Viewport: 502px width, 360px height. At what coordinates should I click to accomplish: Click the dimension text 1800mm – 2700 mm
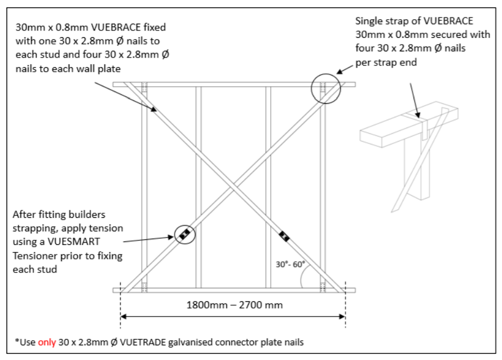pos(232,305)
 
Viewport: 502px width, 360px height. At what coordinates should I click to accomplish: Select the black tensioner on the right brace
pos(284,236)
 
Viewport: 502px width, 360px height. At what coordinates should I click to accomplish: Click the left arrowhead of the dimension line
pos(124,317)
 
